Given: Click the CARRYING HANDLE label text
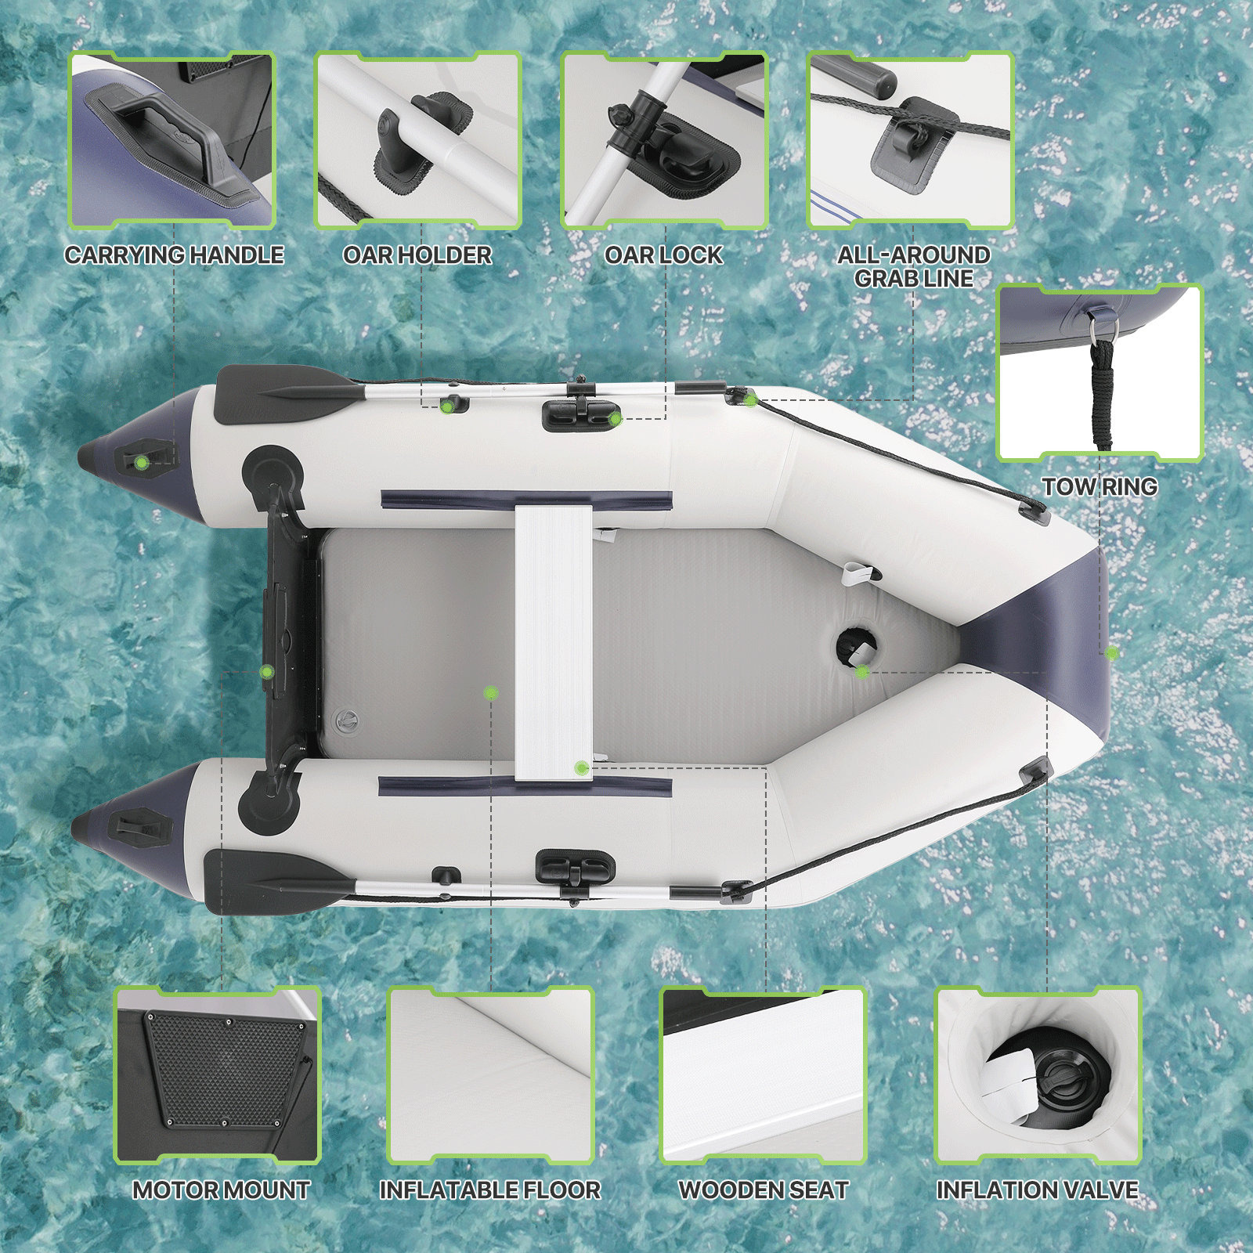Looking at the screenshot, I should pos(174,255).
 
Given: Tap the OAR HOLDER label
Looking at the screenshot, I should pos(417,255).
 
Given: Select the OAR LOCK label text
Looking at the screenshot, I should pos(663,255).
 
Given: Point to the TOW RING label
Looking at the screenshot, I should pos(1100,486).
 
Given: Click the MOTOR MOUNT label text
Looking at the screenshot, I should pos(221,1190).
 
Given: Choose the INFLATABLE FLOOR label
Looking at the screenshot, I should pos(490,1190).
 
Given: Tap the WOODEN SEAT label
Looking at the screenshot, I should pos(764,1190).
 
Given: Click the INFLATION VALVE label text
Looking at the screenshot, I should pos(1037,1190).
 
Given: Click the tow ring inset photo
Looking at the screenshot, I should pos(1100,373).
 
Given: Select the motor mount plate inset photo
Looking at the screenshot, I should pos(218,1074).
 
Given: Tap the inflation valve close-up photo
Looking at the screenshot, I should pos(1037,1074).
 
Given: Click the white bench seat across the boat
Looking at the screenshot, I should pos(553,642).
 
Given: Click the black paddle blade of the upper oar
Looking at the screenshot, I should pos(282,393).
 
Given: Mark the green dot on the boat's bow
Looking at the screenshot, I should pos(1111,652).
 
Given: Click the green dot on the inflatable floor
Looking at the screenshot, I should pos(491,692).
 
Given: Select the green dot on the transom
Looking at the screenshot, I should pos(267,671).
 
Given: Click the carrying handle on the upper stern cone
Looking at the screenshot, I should pos(145,460).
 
